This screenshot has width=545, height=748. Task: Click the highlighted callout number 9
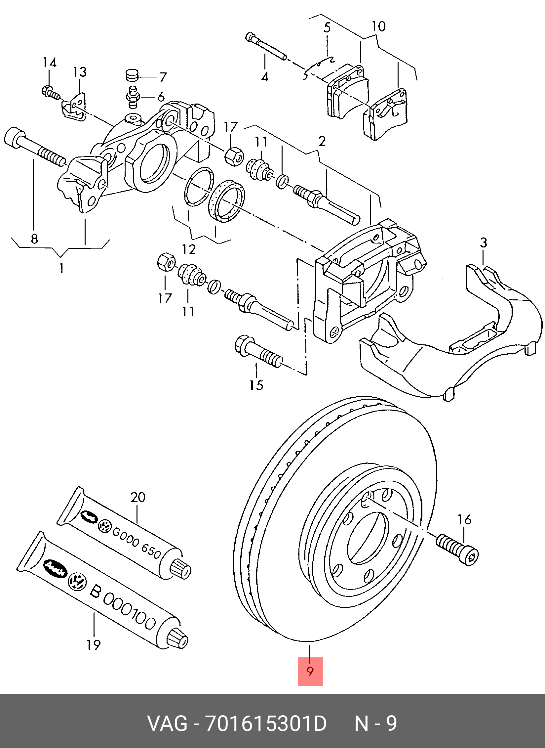click(310, 671)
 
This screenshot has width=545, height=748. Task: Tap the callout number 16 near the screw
click(464, 520)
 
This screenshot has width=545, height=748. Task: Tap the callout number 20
click(138, 497)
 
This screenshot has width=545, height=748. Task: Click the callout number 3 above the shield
click(483, 243)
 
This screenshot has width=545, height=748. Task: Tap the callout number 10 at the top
click(378, 26)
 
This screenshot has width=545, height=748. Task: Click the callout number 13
click(80, 72)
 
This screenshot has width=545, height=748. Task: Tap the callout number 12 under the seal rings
click(189, 249)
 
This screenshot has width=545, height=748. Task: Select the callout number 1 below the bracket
click(61, 268)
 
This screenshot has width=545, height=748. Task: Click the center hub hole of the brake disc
click(367, 538)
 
